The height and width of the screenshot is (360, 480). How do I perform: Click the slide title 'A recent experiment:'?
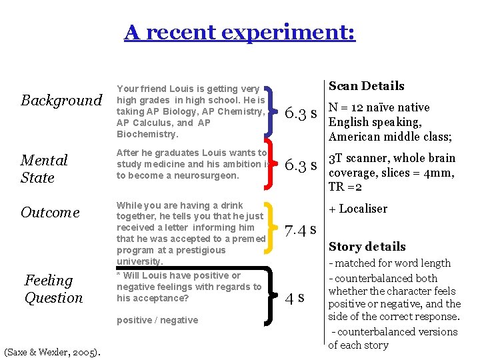pyautogui.click(x=239, y=32)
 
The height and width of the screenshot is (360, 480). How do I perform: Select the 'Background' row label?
pyautogui.click(x=61, y=101)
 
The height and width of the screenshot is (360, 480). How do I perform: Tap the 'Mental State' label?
pyautogui.click(x=44, y=169)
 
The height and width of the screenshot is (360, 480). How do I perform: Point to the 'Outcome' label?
pyautogui.click(x=50, y=213)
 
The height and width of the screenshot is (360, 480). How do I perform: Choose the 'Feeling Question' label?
pyautogui.click(x=53, y=289)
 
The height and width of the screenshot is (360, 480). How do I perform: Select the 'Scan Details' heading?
pyautogui.click(x=367, y=86)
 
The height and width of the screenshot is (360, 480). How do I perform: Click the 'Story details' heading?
pyautogui.click(x=367, y=247)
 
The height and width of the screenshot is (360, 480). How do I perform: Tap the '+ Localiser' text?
pyautogui.click(x=358, y=209)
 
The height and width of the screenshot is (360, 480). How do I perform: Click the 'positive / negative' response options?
pyautogui.click(x=157, y=320)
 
